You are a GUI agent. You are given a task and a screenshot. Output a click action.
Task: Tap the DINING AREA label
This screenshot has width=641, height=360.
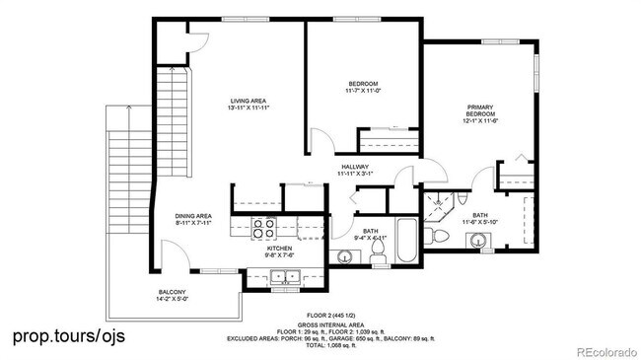pyautogui.click(x=193, y=216)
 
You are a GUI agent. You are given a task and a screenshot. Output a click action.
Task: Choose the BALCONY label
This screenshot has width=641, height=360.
pyautogui.click(x=173, y=292)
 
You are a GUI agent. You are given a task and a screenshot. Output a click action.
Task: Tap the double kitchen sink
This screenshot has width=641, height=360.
pyautogui.click(x=285, y=276)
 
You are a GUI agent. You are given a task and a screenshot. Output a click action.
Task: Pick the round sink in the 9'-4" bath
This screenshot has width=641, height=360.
pyautogui.click(x=344, y=257)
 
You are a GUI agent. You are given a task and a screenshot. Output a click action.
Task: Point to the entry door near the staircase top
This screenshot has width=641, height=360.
pyautogui.click(x=192, y=44)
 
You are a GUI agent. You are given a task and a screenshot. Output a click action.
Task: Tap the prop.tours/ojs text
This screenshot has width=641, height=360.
pyautogui.click(x=69, y=336)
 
